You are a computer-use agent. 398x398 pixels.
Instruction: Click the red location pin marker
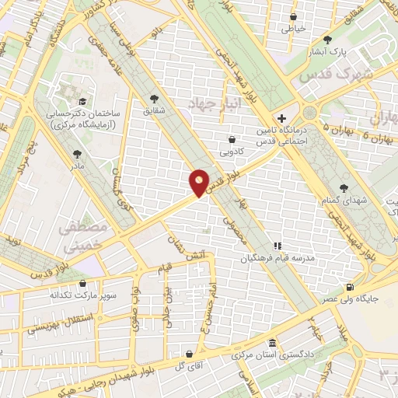(x=200, y=182)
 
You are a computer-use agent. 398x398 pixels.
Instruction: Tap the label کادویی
(x=232, y=151)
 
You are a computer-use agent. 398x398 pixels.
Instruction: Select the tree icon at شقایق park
(x=154, y=98)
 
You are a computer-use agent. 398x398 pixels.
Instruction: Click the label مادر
(x=77, y=166)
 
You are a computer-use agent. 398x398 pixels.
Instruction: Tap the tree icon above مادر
(x=77, y=154)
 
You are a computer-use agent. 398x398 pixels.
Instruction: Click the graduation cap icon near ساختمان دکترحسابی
(x=82, y=101)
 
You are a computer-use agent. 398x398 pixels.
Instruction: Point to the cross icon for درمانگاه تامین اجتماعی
(x=292, y=119)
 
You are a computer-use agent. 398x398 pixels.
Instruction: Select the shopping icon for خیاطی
(x=294, y=16)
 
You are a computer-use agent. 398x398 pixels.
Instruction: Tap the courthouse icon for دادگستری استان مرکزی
(x=271, y=343)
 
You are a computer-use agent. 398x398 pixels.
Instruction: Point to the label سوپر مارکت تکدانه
(x=63, y=295)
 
